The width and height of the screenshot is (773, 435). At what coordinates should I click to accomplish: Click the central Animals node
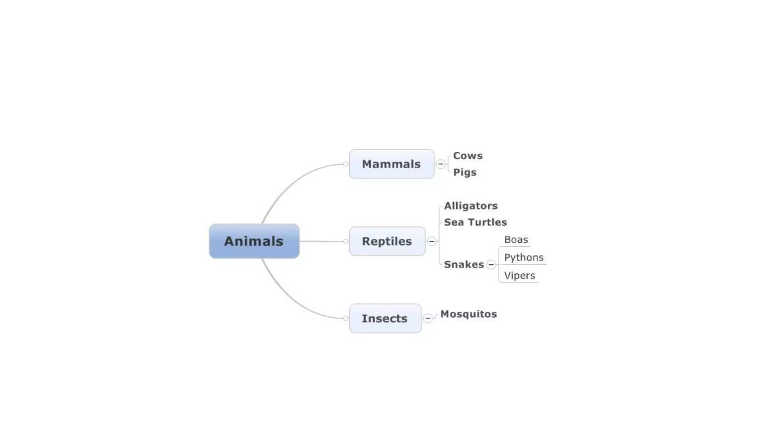click(254, 241)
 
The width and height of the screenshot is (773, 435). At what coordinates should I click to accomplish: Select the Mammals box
click(391, 164)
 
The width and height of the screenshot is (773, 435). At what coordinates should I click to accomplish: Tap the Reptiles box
click(387, 241)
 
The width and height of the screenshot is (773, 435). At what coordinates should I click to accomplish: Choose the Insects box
click(385, 318)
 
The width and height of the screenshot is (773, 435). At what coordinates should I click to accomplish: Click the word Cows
click(468, 156)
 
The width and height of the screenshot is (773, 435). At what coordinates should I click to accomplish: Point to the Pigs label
click(465, 172)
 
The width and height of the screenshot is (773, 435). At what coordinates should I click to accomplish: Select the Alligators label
click(471, 206)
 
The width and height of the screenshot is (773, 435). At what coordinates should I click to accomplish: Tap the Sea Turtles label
click(475, 222)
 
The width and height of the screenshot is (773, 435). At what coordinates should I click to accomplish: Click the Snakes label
click(464, 264)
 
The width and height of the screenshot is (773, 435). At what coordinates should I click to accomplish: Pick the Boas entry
click(516, 239)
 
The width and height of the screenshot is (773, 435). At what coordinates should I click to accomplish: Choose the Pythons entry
click(524, 257)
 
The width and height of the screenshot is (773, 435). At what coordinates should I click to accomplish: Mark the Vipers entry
click(519, 275)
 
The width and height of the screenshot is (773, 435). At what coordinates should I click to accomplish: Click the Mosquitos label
click(468, 314)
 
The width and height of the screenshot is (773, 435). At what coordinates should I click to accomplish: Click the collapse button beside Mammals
click(440, 164)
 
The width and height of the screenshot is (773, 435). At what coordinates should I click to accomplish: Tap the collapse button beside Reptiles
click(431, 241)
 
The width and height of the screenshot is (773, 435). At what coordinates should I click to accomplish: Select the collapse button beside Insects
click(428, 318)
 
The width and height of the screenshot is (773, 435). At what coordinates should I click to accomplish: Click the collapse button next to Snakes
click(491, 265)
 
